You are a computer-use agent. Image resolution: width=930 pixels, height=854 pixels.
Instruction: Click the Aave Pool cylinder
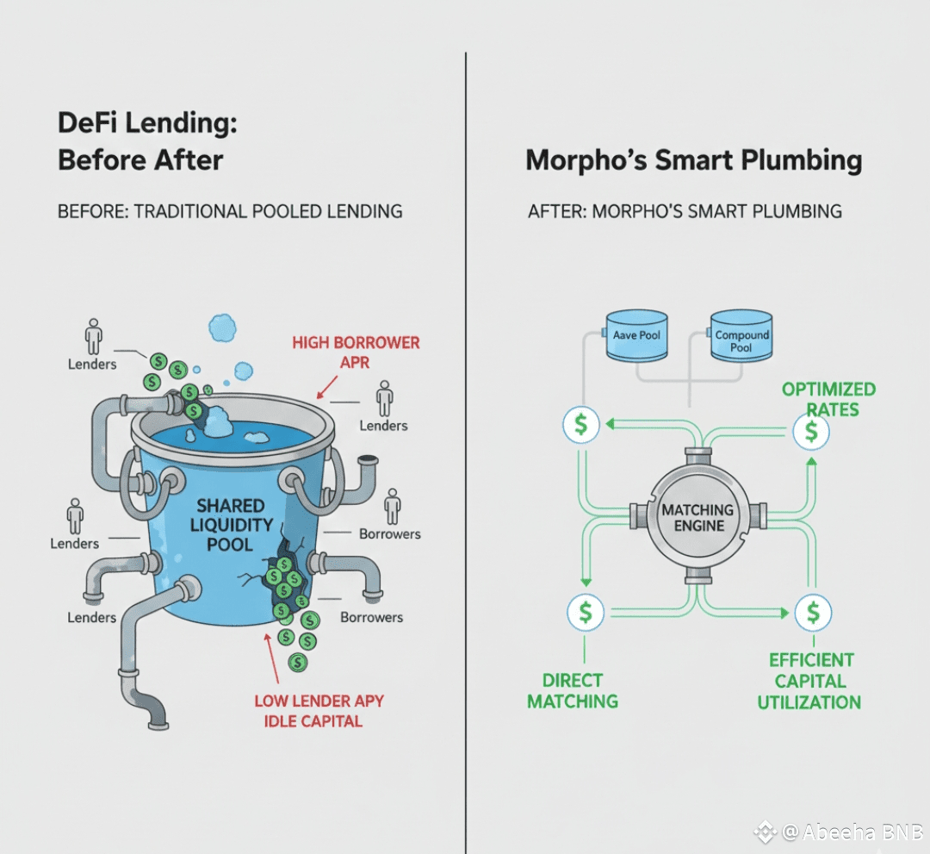(637, 334)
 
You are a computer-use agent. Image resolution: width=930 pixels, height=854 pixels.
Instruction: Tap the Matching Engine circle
(697, 516)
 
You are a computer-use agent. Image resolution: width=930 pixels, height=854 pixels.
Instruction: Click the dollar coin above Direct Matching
(586, 612)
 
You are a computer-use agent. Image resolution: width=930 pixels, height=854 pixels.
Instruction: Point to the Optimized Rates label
(828, 399)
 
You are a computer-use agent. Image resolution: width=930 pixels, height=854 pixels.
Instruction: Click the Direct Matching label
(572, 690)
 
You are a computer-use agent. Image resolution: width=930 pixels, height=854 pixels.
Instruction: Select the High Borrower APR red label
(356, 352)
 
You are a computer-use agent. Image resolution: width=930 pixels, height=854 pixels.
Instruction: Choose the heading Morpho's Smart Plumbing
(693, 160)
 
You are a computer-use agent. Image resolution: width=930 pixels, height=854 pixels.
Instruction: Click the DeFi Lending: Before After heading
(146, 141)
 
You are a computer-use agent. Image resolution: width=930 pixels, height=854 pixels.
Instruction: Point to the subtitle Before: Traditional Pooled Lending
(230, 211)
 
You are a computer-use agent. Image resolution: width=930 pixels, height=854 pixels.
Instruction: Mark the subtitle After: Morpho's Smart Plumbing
(685, 211)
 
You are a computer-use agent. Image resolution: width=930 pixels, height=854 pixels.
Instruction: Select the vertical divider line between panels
(466, 431)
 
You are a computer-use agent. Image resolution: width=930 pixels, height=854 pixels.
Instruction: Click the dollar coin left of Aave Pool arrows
(581, 423)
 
